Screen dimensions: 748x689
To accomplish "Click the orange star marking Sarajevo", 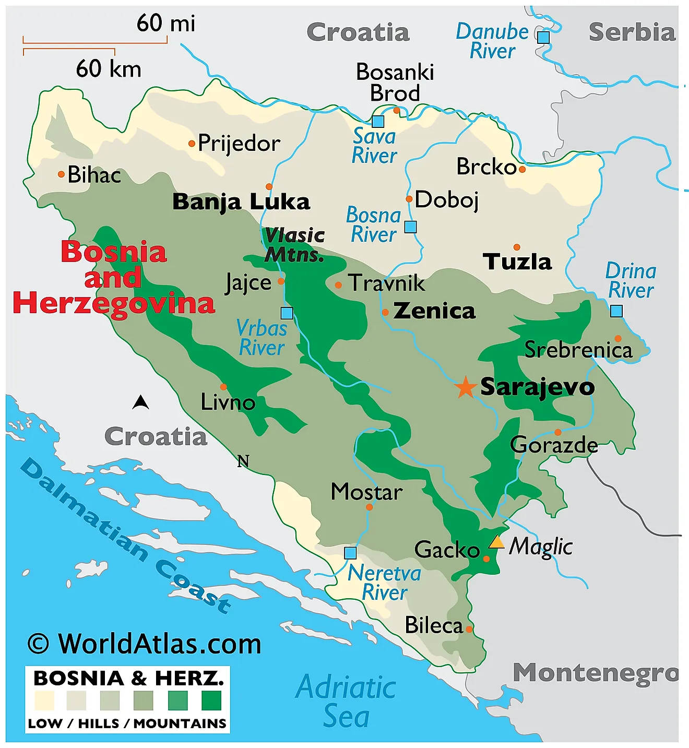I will coord(465,388).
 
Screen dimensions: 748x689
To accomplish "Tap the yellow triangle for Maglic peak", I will coord(496,542).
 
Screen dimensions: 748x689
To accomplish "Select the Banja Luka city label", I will coord(241,202).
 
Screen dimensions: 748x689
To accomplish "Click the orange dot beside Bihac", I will coord(61,174).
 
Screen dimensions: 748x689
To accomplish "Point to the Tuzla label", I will coord(517,262).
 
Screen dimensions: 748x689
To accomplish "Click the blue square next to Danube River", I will coord(543,37).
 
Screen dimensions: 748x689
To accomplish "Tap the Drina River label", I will coord(631,281).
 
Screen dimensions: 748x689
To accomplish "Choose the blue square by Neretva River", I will coord(350,553).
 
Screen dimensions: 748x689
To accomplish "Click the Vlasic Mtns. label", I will coord(294,245).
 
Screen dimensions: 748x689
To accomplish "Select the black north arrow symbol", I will coord(140,402).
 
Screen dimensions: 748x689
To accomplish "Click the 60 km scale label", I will coord(109,69).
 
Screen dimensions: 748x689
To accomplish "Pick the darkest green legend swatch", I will coord(211,700).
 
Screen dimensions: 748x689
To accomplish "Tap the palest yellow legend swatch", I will coord(44,700).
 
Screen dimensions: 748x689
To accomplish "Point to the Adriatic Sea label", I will coord(346,702).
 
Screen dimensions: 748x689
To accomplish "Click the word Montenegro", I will coord(595,673).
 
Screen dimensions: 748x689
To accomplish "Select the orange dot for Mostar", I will coord(370,507).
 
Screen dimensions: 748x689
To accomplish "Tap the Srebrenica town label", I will coord(578,350).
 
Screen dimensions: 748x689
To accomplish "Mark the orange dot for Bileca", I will coord(469,630).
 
